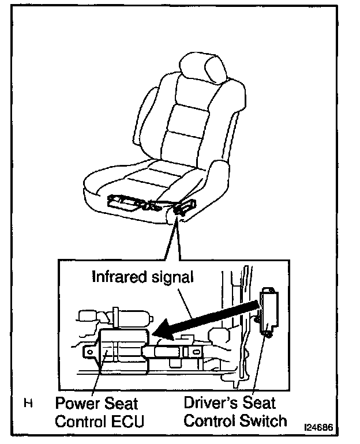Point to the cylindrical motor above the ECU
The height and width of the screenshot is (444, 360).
tap(133, 317)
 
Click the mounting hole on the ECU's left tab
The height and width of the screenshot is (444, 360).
tap(89, 351)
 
